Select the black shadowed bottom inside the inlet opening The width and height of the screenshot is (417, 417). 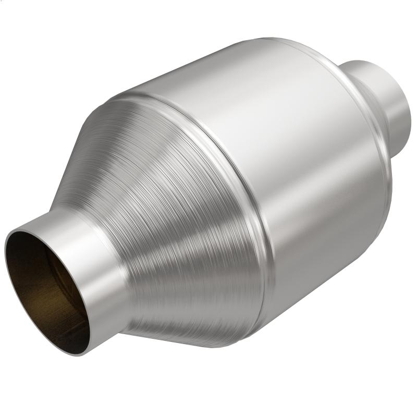[x=63, y=334]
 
